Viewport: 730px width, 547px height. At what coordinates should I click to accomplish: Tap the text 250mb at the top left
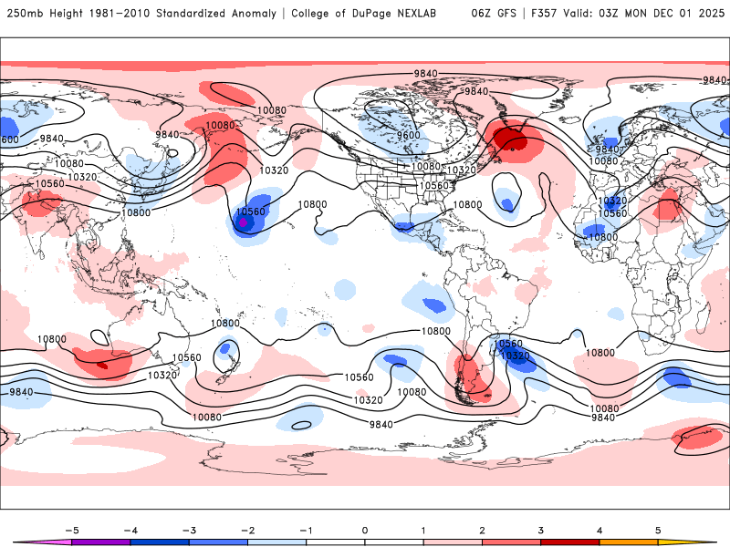(25, 14)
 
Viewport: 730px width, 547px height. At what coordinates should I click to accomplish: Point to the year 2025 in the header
(707, 14)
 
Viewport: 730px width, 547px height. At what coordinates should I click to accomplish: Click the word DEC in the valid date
(662, 14)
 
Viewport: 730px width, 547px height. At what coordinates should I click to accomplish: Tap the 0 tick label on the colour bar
(365, 529)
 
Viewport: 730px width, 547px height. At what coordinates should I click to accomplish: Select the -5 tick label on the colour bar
(70, 529)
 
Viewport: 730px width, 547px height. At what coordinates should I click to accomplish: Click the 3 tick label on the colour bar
(541, 529)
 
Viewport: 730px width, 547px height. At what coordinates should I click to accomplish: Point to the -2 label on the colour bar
(246, 529)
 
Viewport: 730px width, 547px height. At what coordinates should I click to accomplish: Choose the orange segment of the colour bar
(629, 542)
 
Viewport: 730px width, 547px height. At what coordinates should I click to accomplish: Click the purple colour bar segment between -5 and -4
(99, 542)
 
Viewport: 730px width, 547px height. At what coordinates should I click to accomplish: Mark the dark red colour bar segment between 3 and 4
(570, 542)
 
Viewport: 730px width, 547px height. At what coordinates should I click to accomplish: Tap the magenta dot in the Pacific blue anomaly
(243, 222)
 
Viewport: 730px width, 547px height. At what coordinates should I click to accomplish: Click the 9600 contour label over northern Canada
(408, 135)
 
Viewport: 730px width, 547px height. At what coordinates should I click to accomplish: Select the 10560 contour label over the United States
(433, 185)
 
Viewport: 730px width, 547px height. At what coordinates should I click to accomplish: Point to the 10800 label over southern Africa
(600, 352)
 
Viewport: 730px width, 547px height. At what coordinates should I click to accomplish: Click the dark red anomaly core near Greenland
(511, 138)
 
